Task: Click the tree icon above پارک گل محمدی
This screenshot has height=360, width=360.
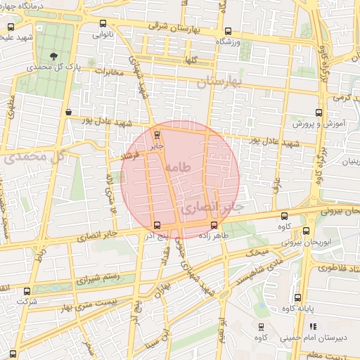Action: (x=55, y=55)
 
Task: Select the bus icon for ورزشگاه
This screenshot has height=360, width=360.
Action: (x=227, y=31)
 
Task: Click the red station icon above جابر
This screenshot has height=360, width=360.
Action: (x=156, y=134)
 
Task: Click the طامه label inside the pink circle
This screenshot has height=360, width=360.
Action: (x=178, y=169)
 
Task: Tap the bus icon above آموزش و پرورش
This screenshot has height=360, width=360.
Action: (x=319, y=112)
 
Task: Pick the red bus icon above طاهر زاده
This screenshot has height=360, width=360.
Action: (x=213, y=225)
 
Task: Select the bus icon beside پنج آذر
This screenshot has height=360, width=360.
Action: (x=156, y=225)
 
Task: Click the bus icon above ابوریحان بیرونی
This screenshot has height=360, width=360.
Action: (x=306, y=230)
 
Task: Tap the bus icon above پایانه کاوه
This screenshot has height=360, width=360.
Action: (x=297, y=297)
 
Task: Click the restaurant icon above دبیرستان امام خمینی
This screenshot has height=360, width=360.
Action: (x=313, y=326)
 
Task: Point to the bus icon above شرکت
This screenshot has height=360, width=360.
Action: (x=27, y=291)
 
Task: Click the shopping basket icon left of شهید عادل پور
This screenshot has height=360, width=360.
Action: (x=68, y=112)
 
